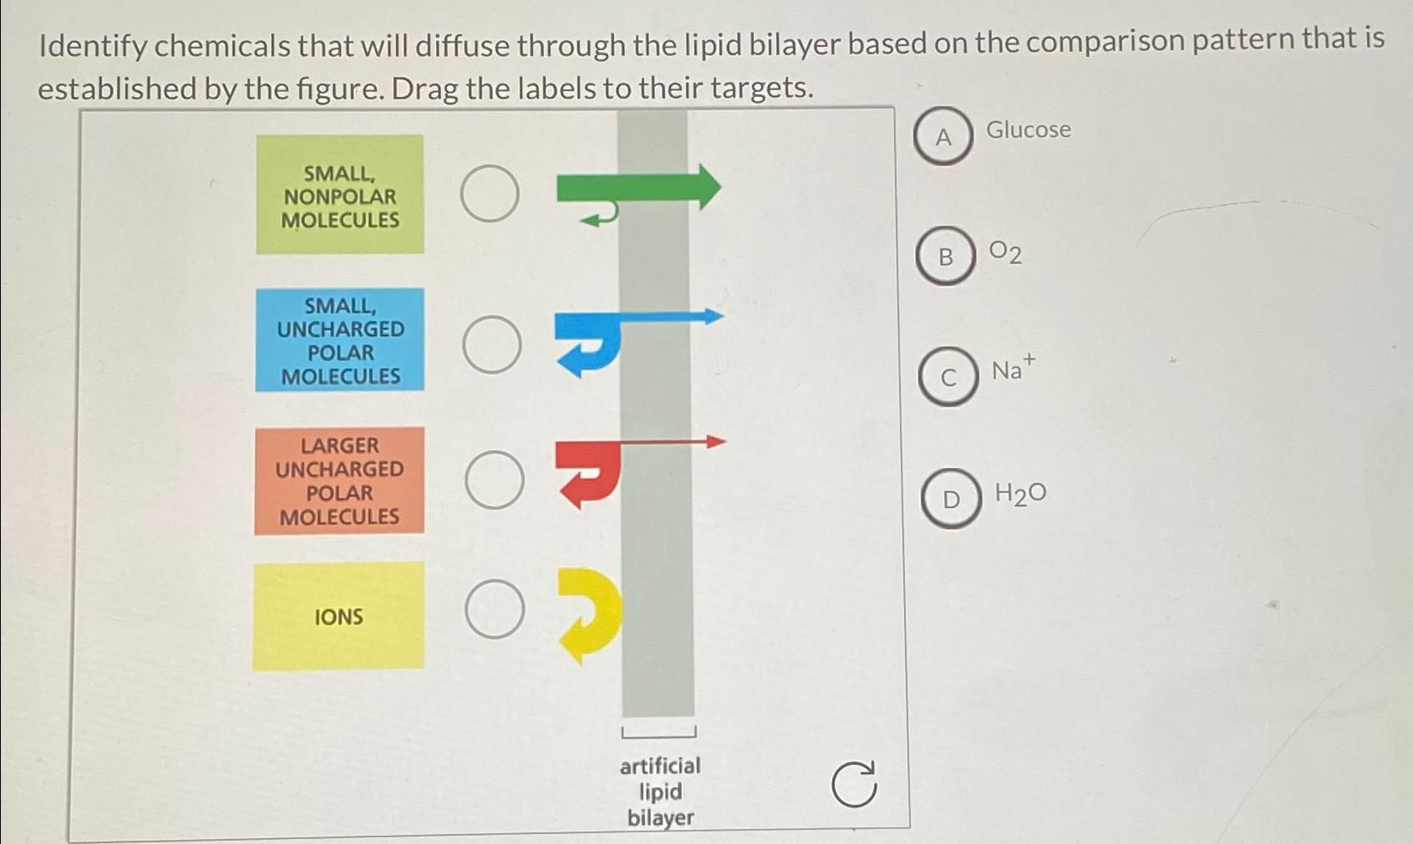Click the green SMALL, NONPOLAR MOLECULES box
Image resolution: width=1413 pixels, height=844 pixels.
pyautogui.click(x=340, y=195)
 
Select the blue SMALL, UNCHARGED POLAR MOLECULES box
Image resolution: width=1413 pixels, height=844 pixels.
pyautogui.click(x=340, y=339)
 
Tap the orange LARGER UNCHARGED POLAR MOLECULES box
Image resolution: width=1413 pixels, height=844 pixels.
pyautogui.click(x=339, y=480)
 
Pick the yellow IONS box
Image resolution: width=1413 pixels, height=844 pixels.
pyautogui.click(x=338, y=617)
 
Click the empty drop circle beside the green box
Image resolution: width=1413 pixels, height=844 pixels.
pyautogui.click(x=490, y=193)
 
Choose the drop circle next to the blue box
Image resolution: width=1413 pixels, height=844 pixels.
pyautogui.click(x=492, y=344)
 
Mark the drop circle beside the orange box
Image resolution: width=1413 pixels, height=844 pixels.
pyautogui.click(x=495, y=480)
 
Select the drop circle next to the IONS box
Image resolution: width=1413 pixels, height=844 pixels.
pyautogui.click(x=495, y=609)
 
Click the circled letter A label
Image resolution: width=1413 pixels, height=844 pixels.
pyautogui.click(x=943, y=136)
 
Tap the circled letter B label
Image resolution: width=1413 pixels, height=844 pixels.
pyautogui.click(x=946, y=256)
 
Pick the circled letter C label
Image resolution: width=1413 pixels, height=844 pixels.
pyautogui.click(x=948, y=377)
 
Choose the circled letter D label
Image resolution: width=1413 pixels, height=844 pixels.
pyautogui.click(x=951, y=499)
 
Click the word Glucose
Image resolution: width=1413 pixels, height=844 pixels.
pyautogui.click(x=1029, y=130)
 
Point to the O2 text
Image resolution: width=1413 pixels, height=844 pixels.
pyautogui.click(x=1005, y=252)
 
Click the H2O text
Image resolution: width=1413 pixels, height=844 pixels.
pyautogui.click(x=1020, y=494)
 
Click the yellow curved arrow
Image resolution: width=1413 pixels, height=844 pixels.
pyautogui.click(x=595, y=614)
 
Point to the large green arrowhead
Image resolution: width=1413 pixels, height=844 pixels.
pyautogui.click(x=706, y=186)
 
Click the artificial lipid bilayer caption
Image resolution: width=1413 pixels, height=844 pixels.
pyautogui.click(x=660, y=791)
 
